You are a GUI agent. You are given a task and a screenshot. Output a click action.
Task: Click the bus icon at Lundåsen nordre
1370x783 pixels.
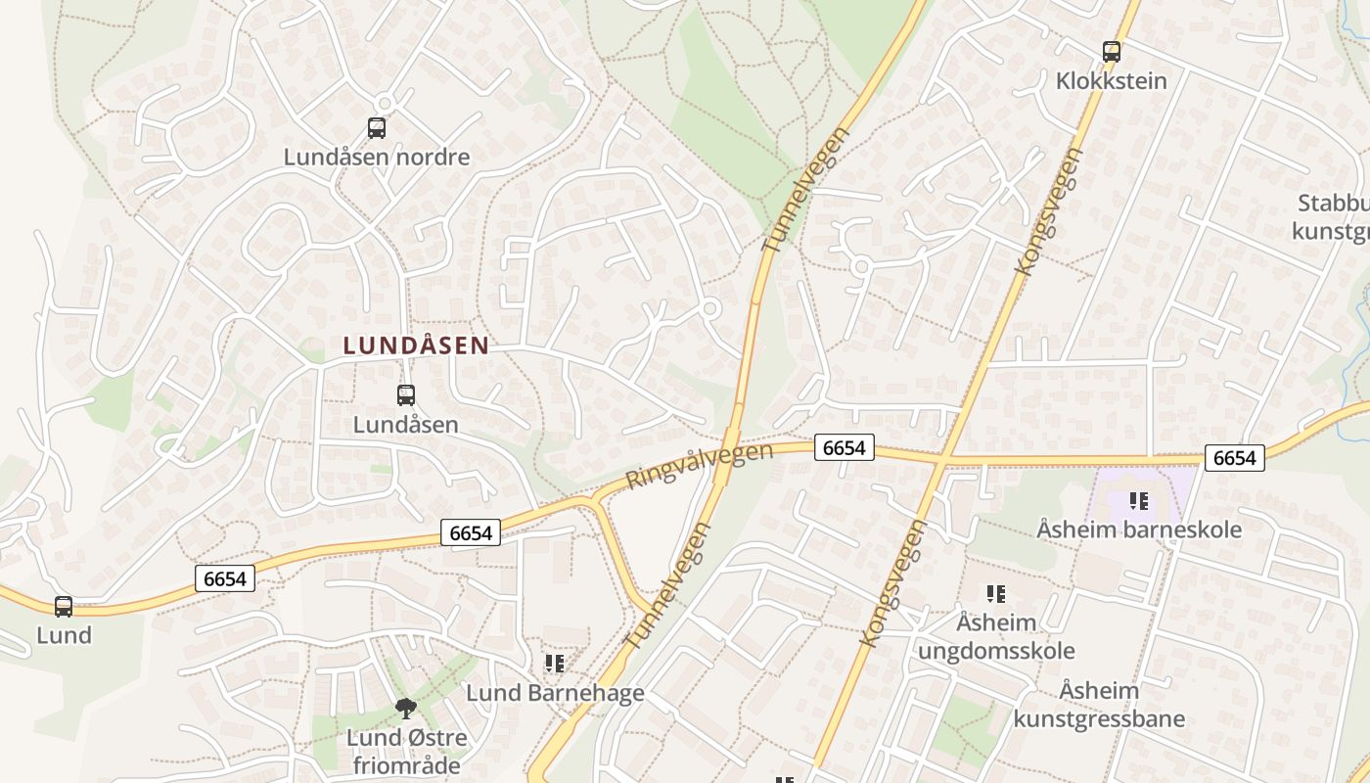(377, 127)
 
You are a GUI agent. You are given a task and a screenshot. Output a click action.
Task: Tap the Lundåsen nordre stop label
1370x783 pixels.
(377, 157)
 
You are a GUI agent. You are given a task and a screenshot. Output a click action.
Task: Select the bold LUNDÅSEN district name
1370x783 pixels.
(416, 345)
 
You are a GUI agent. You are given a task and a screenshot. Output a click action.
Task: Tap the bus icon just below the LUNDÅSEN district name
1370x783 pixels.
(406, 395)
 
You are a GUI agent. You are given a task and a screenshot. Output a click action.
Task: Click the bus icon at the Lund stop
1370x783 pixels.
(64, 607)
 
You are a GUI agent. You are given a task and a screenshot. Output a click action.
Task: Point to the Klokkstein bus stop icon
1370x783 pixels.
(1112, 52)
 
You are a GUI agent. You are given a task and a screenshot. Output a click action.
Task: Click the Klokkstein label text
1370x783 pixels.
(1112, 80)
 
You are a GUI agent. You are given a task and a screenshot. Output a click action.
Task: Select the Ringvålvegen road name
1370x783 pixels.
(699, 466)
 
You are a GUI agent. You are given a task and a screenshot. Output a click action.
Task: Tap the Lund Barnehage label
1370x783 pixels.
(555, 693)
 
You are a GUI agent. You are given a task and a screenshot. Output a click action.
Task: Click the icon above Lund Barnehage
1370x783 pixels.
(555, 664)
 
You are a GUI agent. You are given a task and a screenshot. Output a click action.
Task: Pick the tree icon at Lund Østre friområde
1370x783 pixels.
(405, 708)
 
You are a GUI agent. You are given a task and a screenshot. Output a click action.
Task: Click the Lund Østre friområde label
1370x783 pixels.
(406, 750)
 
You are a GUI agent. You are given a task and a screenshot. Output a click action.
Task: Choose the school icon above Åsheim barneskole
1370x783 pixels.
(1139, 501)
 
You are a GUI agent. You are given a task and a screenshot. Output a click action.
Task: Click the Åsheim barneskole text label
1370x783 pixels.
(1139, 530)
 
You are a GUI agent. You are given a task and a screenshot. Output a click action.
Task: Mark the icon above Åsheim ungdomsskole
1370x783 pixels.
(996, 593)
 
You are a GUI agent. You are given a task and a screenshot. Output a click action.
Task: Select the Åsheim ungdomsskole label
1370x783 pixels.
(996, 636)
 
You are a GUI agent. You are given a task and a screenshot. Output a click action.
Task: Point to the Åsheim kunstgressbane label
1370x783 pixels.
(1099, 705)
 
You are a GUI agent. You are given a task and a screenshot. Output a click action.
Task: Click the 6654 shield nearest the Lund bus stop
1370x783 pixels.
(225, 578)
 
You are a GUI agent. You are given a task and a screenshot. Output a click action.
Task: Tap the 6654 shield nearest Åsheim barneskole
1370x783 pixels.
(1234, 457)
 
